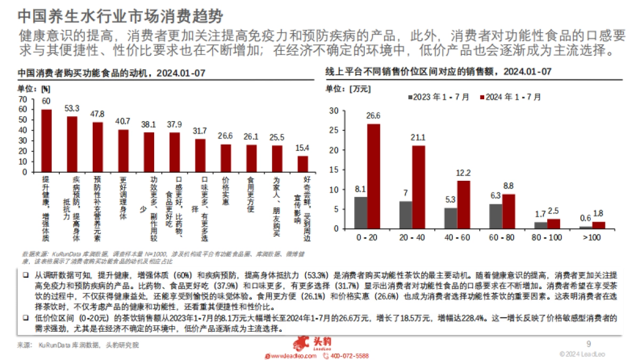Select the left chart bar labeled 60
pos(46,140)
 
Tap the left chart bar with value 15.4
pos(302,164)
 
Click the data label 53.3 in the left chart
pos(71,108)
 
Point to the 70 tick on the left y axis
pos(22,99)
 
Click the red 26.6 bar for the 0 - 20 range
pos(373,176)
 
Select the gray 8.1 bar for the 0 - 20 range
pos(361,212)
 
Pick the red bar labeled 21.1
pos(419,187)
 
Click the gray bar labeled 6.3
pos(495,216)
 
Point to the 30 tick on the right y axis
pos(334,111)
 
